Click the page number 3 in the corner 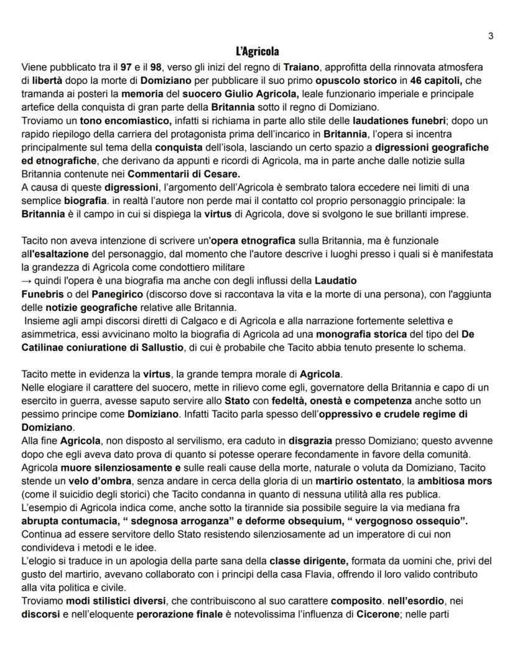pyautogui.click(x=491, y=36)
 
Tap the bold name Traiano pyautogui.click(x=304, y=66)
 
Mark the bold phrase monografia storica pyautogui.click(x=368, y=335)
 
